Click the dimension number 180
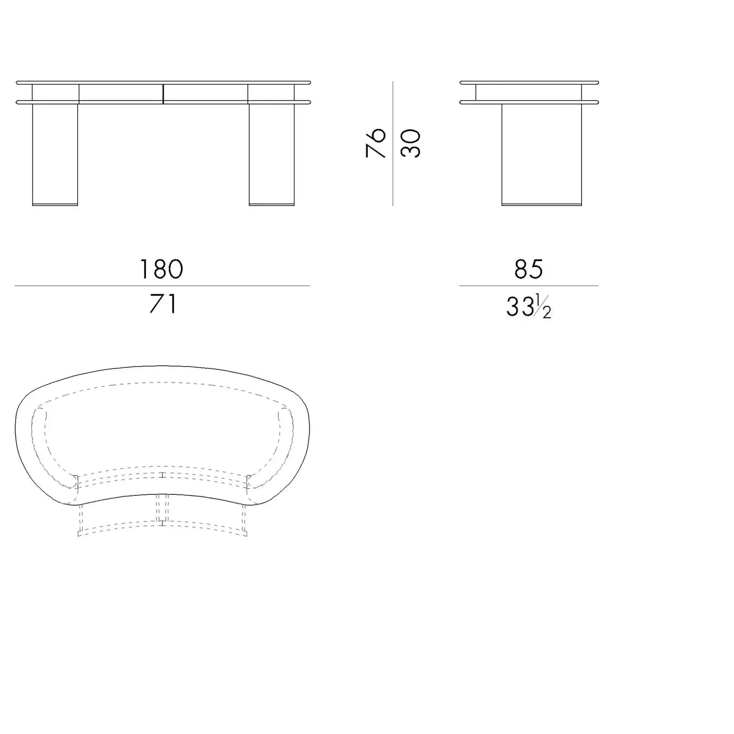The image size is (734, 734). (x=162, y=269)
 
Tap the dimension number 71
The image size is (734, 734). (x=163, y=304)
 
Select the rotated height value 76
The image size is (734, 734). (x=375, y=143)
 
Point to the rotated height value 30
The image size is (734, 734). (x=411, y=143)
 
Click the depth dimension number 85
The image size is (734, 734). (x=529, y=269)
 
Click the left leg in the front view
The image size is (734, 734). (x=55, y=155)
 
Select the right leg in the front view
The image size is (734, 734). (x=271, y=155)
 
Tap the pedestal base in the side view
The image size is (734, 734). (x=542, y=155)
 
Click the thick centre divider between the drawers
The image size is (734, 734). (x=163, y=94)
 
